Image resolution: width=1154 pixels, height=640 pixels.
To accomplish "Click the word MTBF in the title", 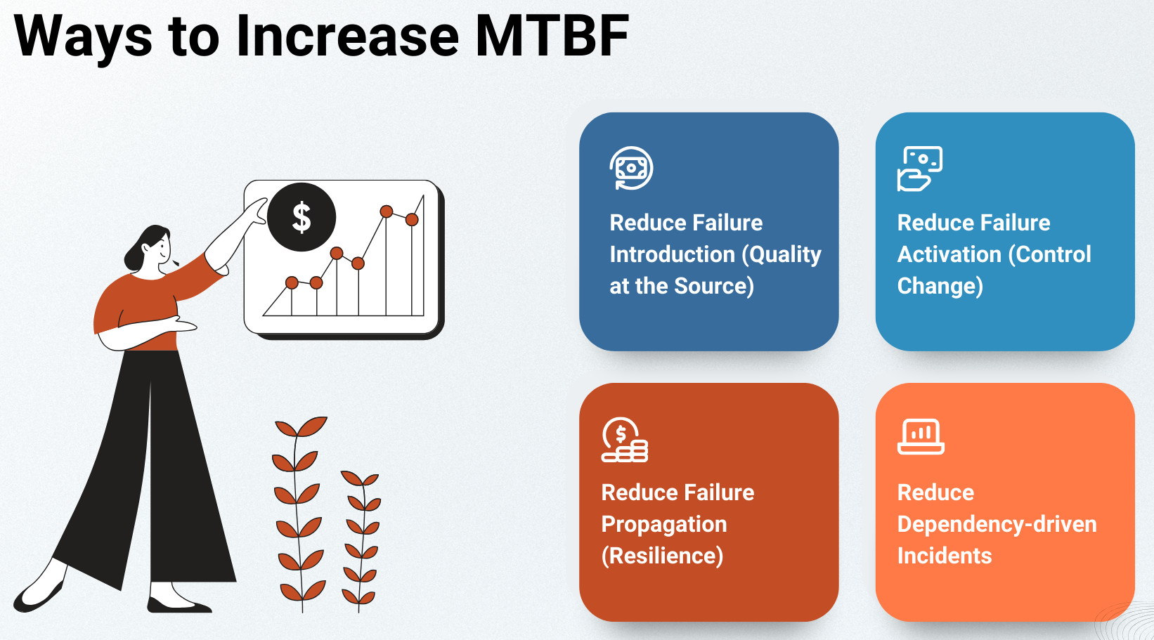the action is pos(552,36).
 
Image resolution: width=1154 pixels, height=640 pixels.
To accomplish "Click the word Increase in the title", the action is pos(347,36).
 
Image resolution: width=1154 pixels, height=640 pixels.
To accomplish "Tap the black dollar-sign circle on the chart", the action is pos(302,217).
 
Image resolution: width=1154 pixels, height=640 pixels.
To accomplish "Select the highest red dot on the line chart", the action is pos(387,211).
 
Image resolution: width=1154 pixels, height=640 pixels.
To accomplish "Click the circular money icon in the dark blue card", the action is pos(631,168).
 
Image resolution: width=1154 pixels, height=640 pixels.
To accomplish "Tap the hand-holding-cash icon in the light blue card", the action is pos(919,169).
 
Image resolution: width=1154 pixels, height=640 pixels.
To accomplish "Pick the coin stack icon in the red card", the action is pos(624,439).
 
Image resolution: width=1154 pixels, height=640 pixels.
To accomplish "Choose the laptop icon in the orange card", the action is pos(921,437).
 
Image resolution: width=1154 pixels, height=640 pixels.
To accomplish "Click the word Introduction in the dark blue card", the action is pos(673,254).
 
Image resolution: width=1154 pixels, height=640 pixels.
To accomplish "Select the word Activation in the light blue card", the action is pos(949,254).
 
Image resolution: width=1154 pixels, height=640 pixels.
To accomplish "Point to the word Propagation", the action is pos(664,525).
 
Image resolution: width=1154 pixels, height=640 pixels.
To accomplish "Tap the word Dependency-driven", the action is pos(997,525).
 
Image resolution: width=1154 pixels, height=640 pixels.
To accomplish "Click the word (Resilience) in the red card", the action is pos(662,556).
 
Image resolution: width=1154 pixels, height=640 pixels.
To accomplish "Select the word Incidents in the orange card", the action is pos(945,556).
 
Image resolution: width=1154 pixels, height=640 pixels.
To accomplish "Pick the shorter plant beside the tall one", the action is pos(361,541).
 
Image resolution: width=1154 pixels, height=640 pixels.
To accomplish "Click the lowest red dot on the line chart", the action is pos(292,282).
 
